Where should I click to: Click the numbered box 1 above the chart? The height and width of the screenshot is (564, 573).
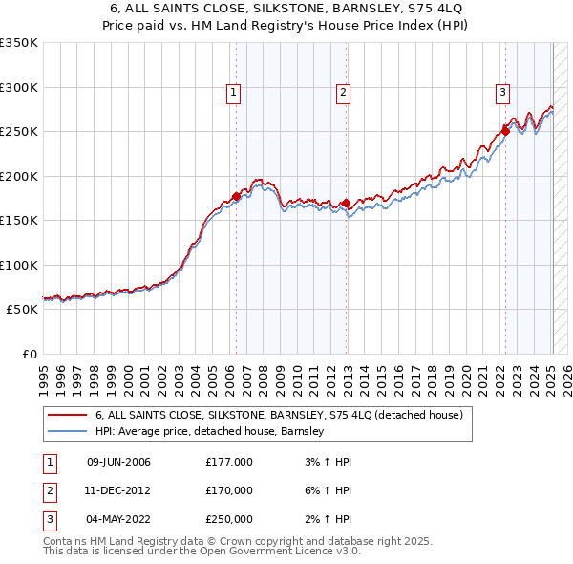[234, 93]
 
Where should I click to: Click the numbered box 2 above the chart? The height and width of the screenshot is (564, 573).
[343, 93]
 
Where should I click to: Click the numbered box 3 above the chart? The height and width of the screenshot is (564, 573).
[502, 93]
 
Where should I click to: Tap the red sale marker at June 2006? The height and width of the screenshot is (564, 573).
[236, 197]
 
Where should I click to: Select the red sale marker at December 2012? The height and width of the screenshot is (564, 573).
[346, 203]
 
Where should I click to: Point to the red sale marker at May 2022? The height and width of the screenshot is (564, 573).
[505, 131]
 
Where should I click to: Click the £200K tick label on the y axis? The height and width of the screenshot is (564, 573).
[19, 176]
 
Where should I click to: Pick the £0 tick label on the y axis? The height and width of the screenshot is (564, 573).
[29, 354]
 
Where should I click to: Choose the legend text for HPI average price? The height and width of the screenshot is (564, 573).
[210, 432]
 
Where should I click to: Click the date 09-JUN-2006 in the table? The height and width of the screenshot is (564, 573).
[118, 463]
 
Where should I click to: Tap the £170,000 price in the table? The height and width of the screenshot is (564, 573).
[229, 491]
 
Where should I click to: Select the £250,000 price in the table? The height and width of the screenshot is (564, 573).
[229, 520]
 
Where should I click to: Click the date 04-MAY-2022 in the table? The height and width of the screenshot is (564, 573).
[118, 520]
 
